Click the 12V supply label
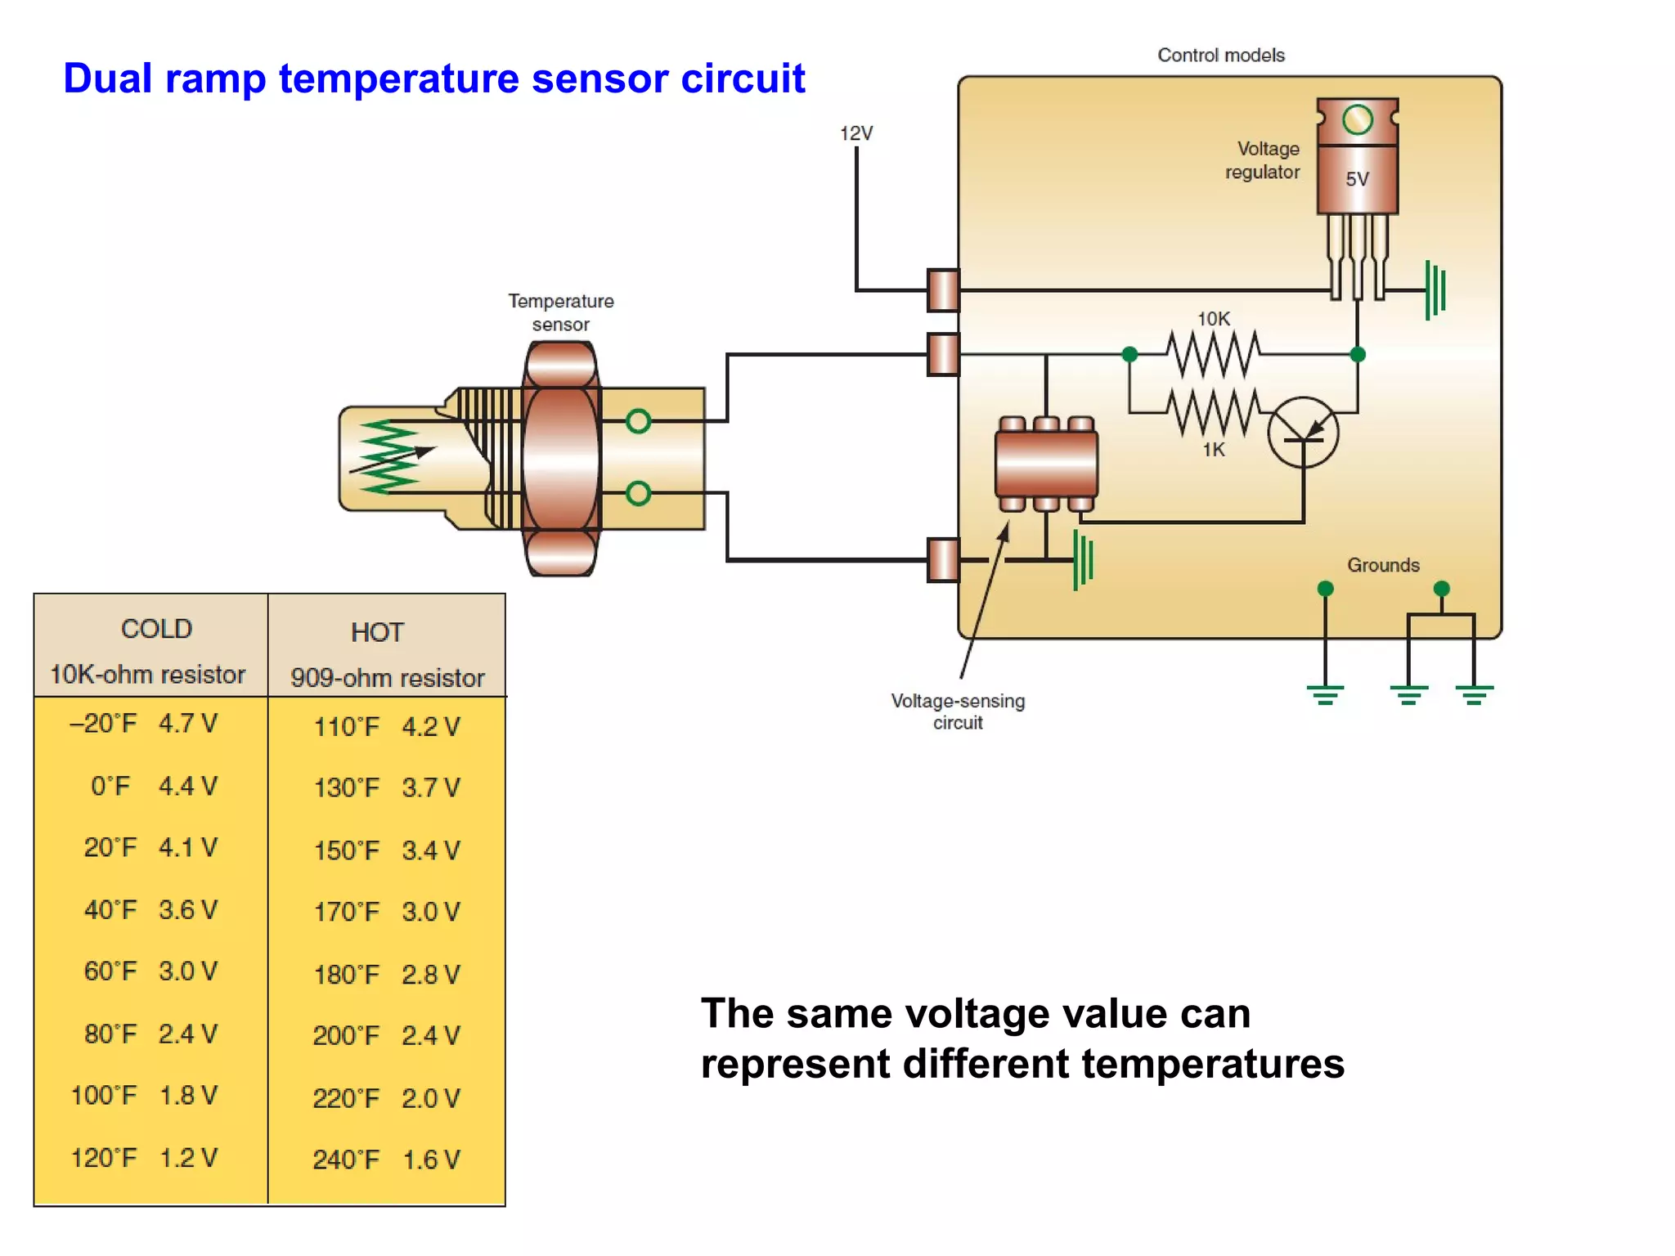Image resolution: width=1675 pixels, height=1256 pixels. (x=856, y=133)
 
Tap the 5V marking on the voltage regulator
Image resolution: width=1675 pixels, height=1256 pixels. (x=1357, y=179)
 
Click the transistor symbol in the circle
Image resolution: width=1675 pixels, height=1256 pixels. (x=1303, y=433)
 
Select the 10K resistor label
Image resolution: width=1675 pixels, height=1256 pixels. (x=1213, y=319)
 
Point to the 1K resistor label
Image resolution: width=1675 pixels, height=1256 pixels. (x=1213, y=450)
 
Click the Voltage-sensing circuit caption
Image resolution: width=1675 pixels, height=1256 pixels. (x=958, y=711)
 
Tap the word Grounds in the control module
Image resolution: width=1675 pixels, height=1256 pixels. (x=1383, y=565)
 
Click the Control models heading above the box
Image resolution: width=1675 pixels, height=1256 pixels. (x=1220, y=55)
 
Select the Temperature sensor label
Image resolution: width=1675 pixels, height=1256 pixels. (x=560, y=312)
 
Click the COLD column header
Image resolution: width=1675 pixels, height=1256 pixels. (x=156, y=629)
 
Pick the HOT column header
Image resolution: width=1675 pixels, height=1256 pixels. (x=377, y=632)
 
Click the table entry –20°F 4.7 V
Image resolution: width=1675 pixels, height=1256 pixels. (x=144, y=724)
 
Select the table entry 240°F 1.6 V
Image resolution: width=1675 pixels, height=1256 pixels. (x=386, y=1160)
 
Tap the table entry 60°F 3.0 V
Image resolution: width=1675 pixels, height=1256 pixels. (x=150, y=971)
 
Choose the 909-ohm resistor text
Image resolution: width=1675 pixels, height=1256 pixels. (x=388, y=678)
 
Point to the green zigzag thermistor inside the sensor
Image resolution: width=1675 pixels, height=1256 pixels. (x=388, y=458)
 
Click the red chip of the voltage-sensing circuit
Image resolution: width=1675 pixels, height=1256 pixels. (x=1046, y=464)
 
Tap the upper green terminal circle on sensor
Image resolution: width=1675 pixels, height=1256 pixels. (x=638, y=421)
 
